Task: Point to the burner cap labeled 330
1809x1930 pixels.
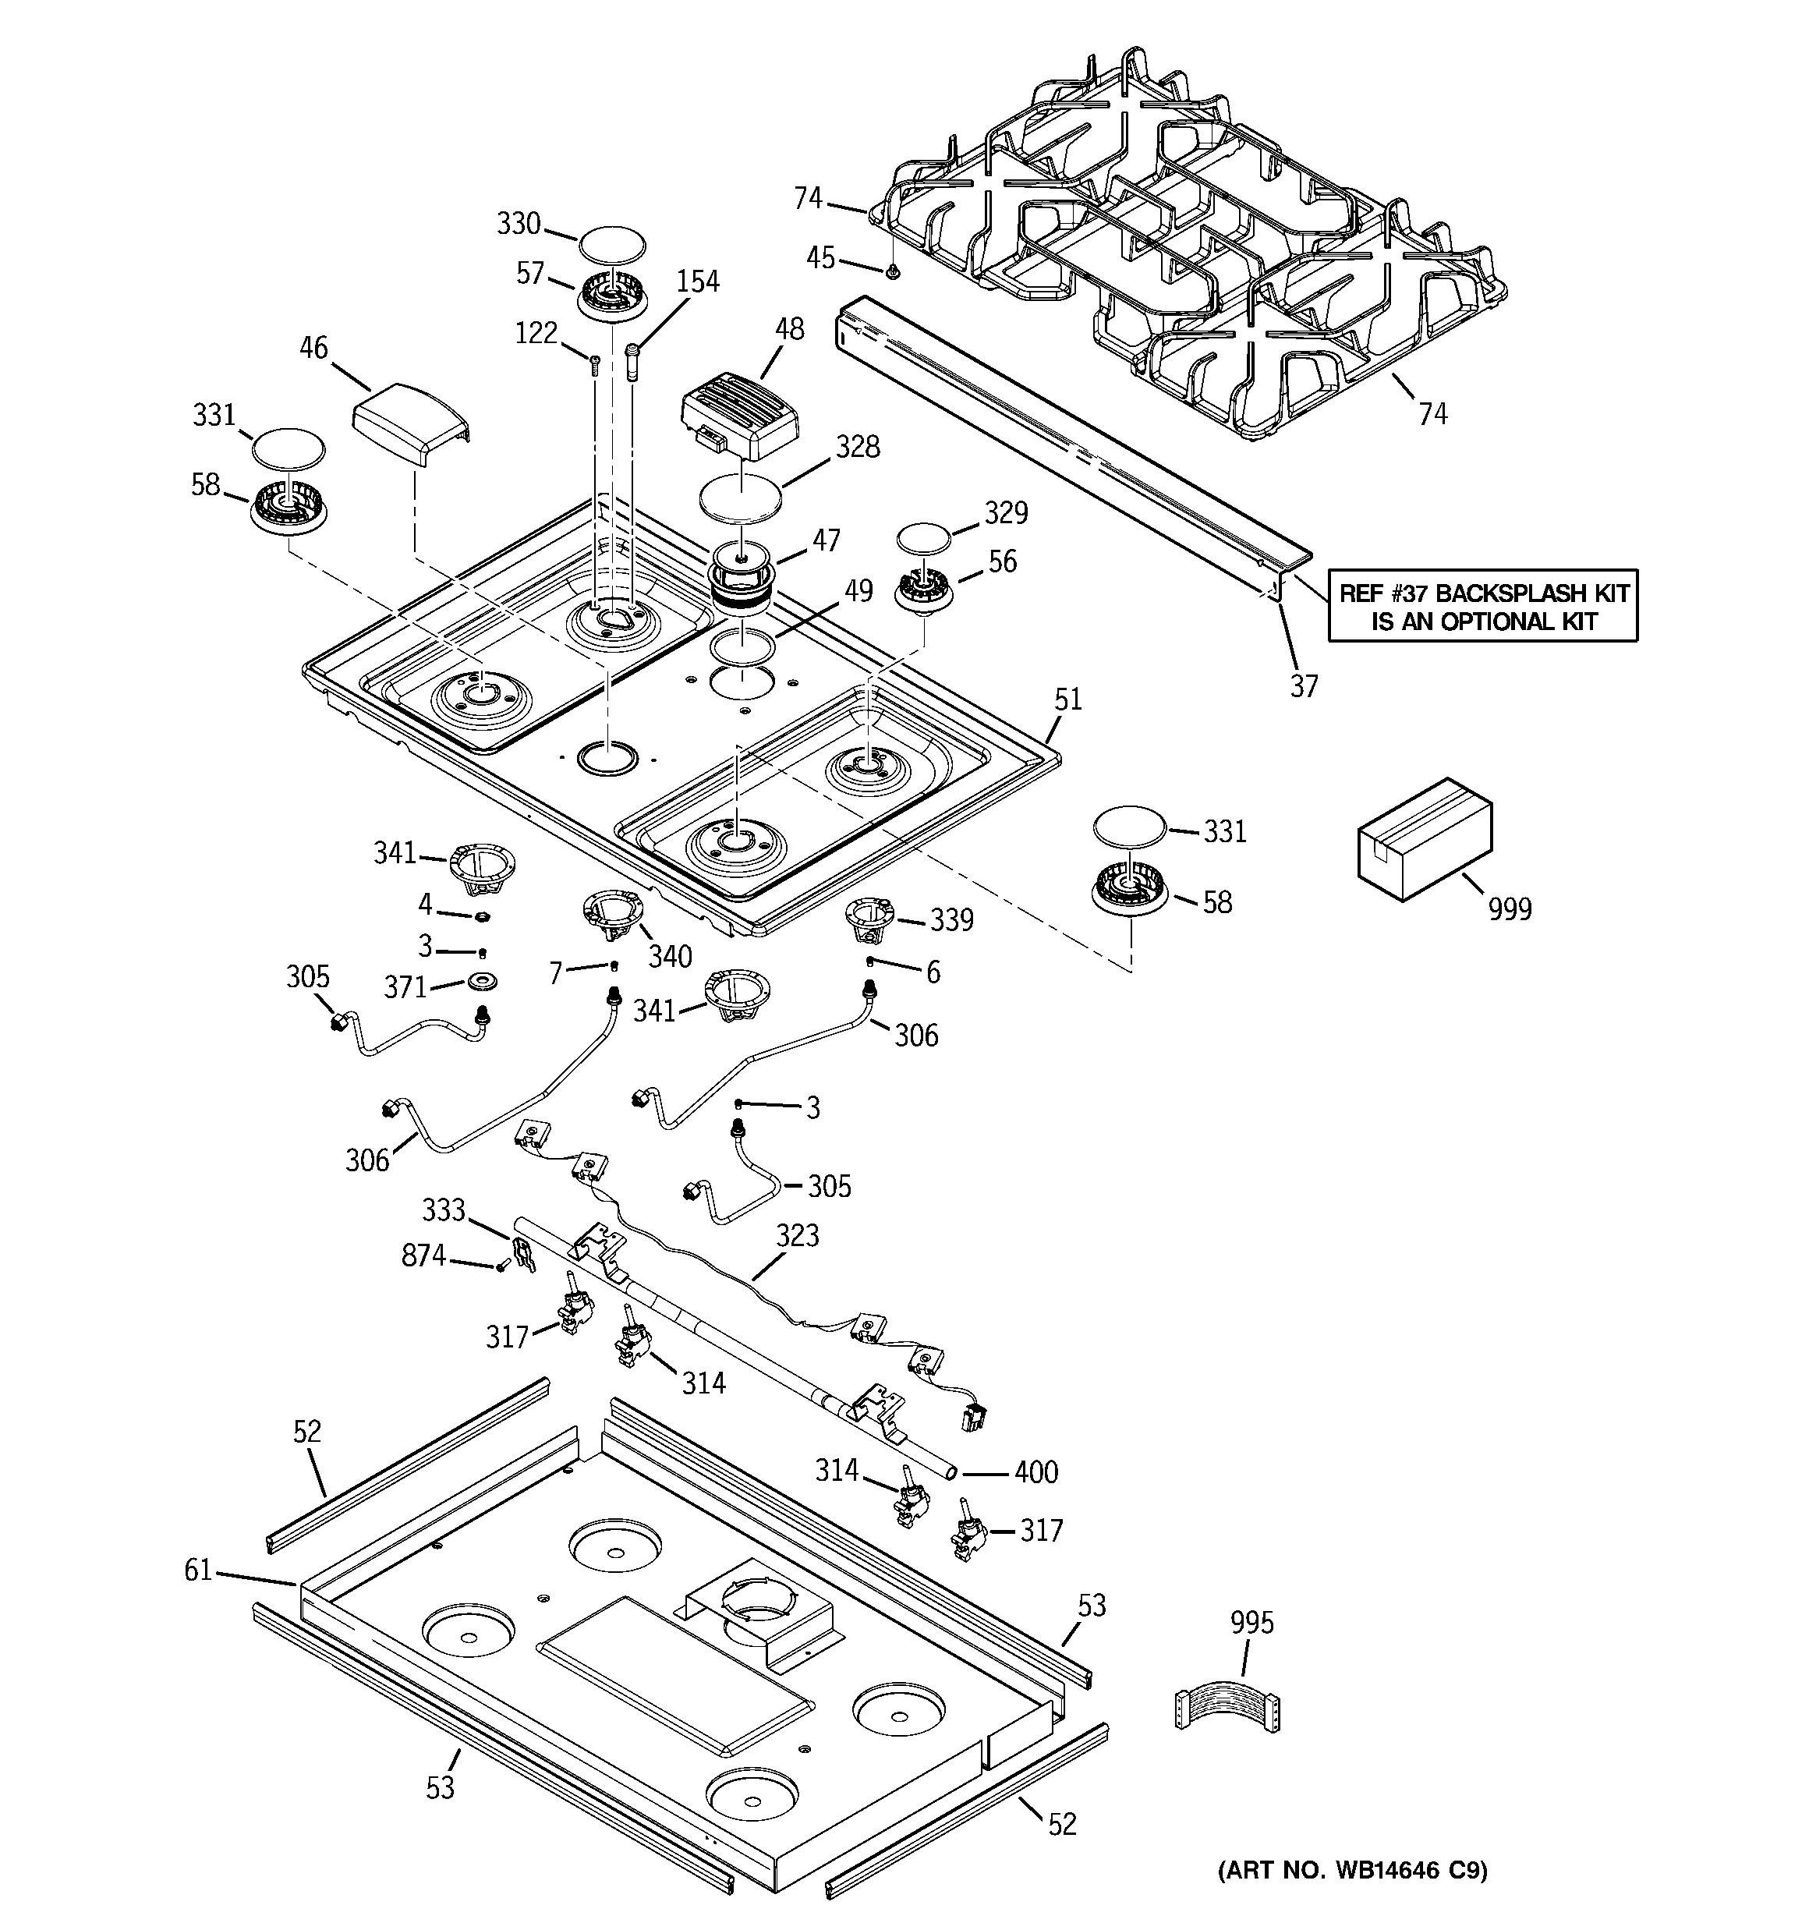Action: click(x=613, y=243)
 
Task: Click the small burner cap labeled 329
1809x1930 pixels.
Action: click(x=922, y=539)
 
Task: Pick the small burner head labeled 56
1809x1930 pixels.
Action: click(x=922, y=588)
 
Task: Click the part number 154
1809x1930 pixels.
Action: click(x=697, y=282)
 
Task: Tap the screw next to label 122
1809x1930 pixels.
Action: click(x=594, y=365)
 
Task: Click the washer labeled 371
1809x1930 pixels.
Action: click(x=483, y=980)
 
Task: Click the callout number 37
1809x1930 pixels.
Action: click(x=1303, y=686)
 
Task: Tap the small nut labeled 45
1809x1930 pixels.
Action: click(x=891, y=274)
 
